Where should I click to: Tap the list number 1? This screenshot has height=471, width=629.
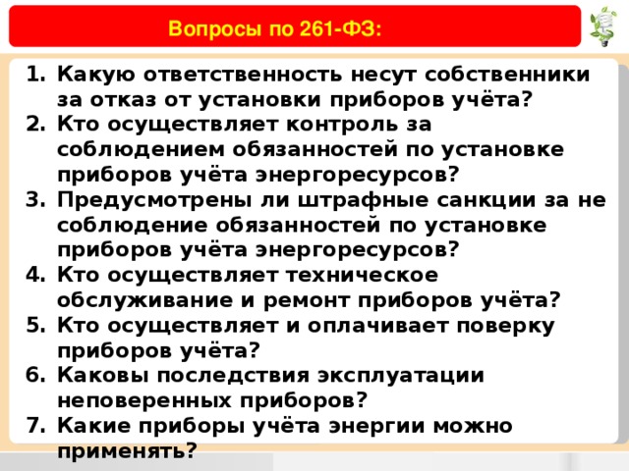click(35, 75)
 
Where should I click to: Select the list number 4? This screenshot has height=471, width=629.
click(35, 275)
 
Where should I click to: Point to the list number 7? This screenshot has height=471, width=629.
click(35, 425)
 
